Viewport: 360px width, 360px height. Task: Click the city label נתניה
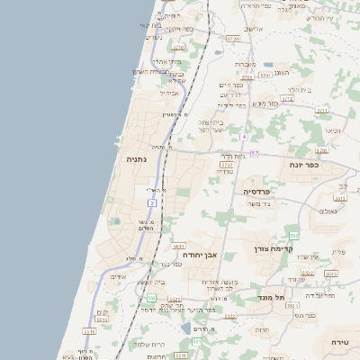[x=137, y=159]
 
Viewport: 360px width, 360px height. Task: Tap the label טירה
[x=339, y=342]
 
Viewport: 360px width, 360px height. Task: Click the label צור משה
[x=260, y=203]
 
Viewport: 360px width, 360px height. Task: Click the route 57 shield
[x=255, y=154]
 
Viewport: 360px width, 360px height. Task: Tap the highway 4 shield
[x=243, y=136]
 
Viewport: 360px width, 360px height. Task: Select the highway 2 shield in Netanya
[x=152, y=203]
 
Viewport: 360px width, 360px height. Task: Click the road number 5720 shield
[x=233, y=40]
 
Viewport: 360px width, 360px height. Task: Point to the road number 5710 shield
[x=178, y=47]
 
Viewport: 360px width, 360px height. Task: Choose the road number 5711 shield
[x=321, y=111]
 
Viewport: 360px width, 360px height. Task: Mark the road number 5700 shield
[x=321, y=150]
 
